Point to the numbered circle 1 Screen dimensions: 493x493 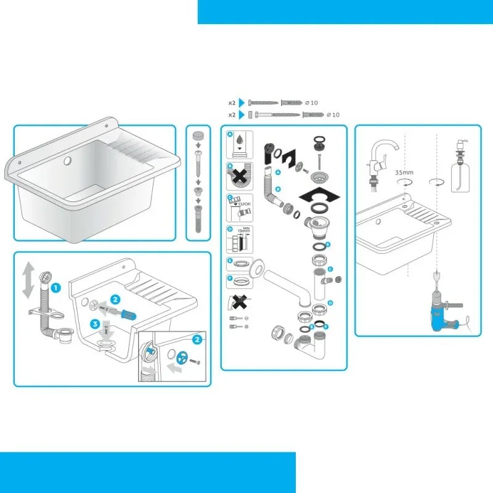[55, 287]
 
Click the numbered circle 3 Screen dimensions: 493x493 [95, 323]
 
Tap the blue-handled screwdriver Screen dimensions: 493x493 [124, 314]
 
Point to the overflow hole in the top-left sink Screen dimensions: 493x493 [67, 161]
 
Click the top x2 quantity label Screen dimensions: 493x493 [232, 103]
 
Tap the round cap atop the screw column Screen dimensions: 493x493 [198, 135]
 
